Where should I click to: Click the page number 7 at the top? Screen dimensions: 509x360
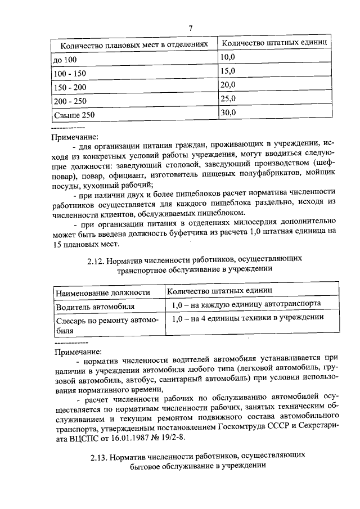(190, 28)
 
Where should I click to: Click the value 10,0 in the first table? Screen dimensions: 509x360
(228, 57)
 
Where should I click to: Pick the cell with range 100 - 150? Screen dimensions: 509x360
(70, 74)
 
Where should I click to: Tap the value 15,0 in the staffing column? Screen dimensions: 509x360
(228, 71)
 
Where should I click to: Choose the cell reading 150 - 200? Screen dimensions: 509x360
(70, 88)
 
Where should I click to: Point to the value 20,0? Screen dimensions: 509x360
(228, 85)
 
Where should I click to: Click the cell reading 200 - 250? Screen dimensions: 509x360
(70, 102)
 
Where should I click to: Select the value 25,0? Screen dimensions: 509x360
(228, 99)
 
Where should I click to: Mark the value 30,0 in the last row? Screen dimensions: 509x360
(228, 112)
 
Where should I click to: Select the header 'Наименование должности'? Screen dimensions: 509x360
(102, 292)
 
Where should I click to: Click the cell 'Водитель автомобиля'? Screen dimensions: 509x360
(94, 307)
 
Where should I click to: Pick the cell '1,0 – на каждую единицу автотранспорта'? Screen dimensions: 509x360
(246, 304)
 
